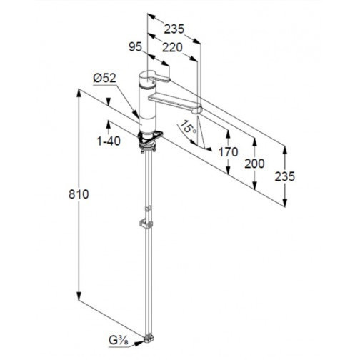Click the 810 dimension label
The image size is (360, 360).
(79, 194)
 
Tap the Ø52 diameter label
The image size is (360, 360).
(104, 78)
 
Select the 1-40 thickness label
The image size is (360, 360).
(109, 141)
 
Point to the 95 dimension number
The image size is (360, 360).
(135, 46)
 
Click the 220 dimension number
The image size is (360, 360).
(172, 47)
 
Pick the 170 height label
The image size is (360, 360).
(228, 152)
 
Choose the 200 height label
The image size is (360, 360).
(254, 164)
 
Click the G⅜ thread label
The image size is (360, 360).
(119, 341)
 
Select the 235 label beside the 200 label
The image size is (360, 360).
(285, 176)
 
